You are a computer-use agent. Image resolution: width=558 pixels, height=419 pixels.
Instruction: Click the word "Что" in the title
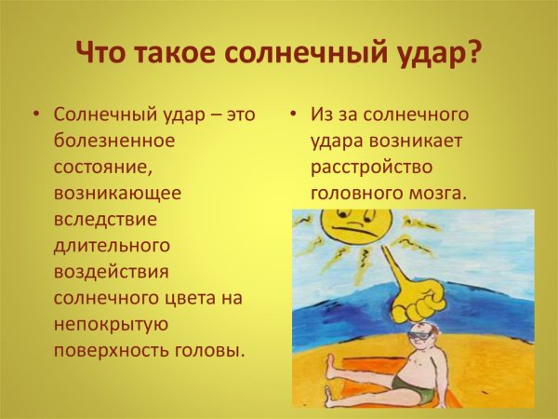(x=100, y=52)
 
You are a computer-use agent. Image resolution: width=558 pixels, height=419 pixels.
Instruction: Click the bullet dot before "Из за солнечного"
(x=291, y=115)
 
